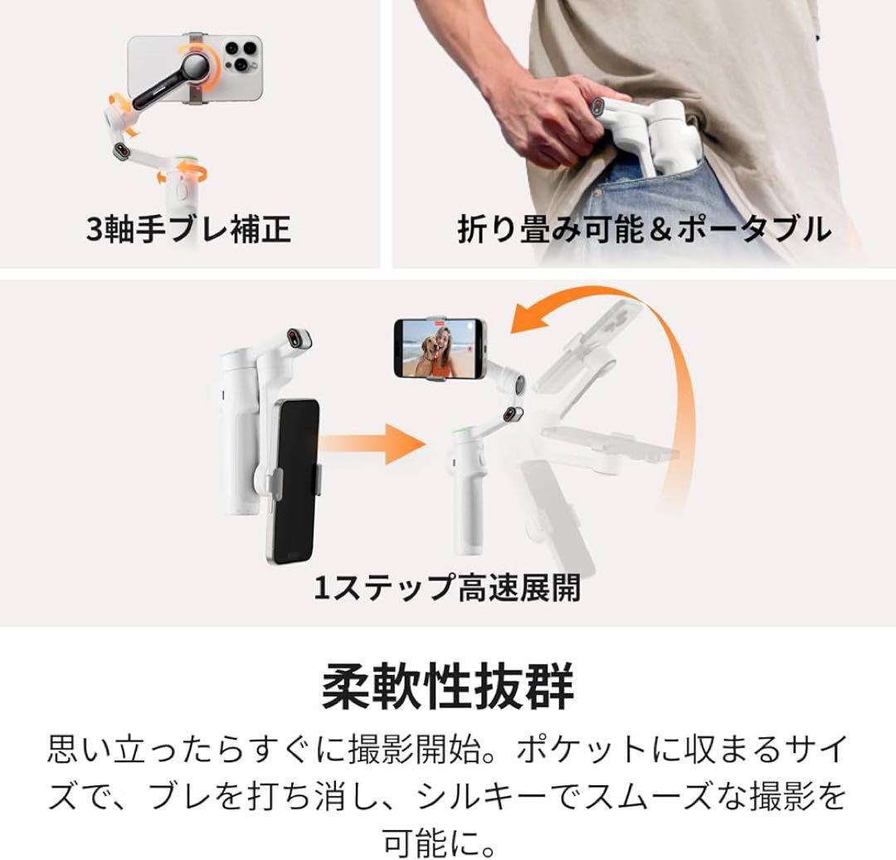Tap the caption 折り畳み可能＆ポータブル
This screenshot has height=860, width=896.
click(x=645, y=228)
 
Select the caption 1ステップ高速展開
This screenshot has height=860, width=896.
click(x=447, y=589)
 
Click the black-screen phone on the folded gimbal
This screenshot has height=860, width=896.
click(x=293, y=480)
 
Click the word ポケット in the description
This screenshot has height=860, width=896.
click(x=581, y=750)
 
